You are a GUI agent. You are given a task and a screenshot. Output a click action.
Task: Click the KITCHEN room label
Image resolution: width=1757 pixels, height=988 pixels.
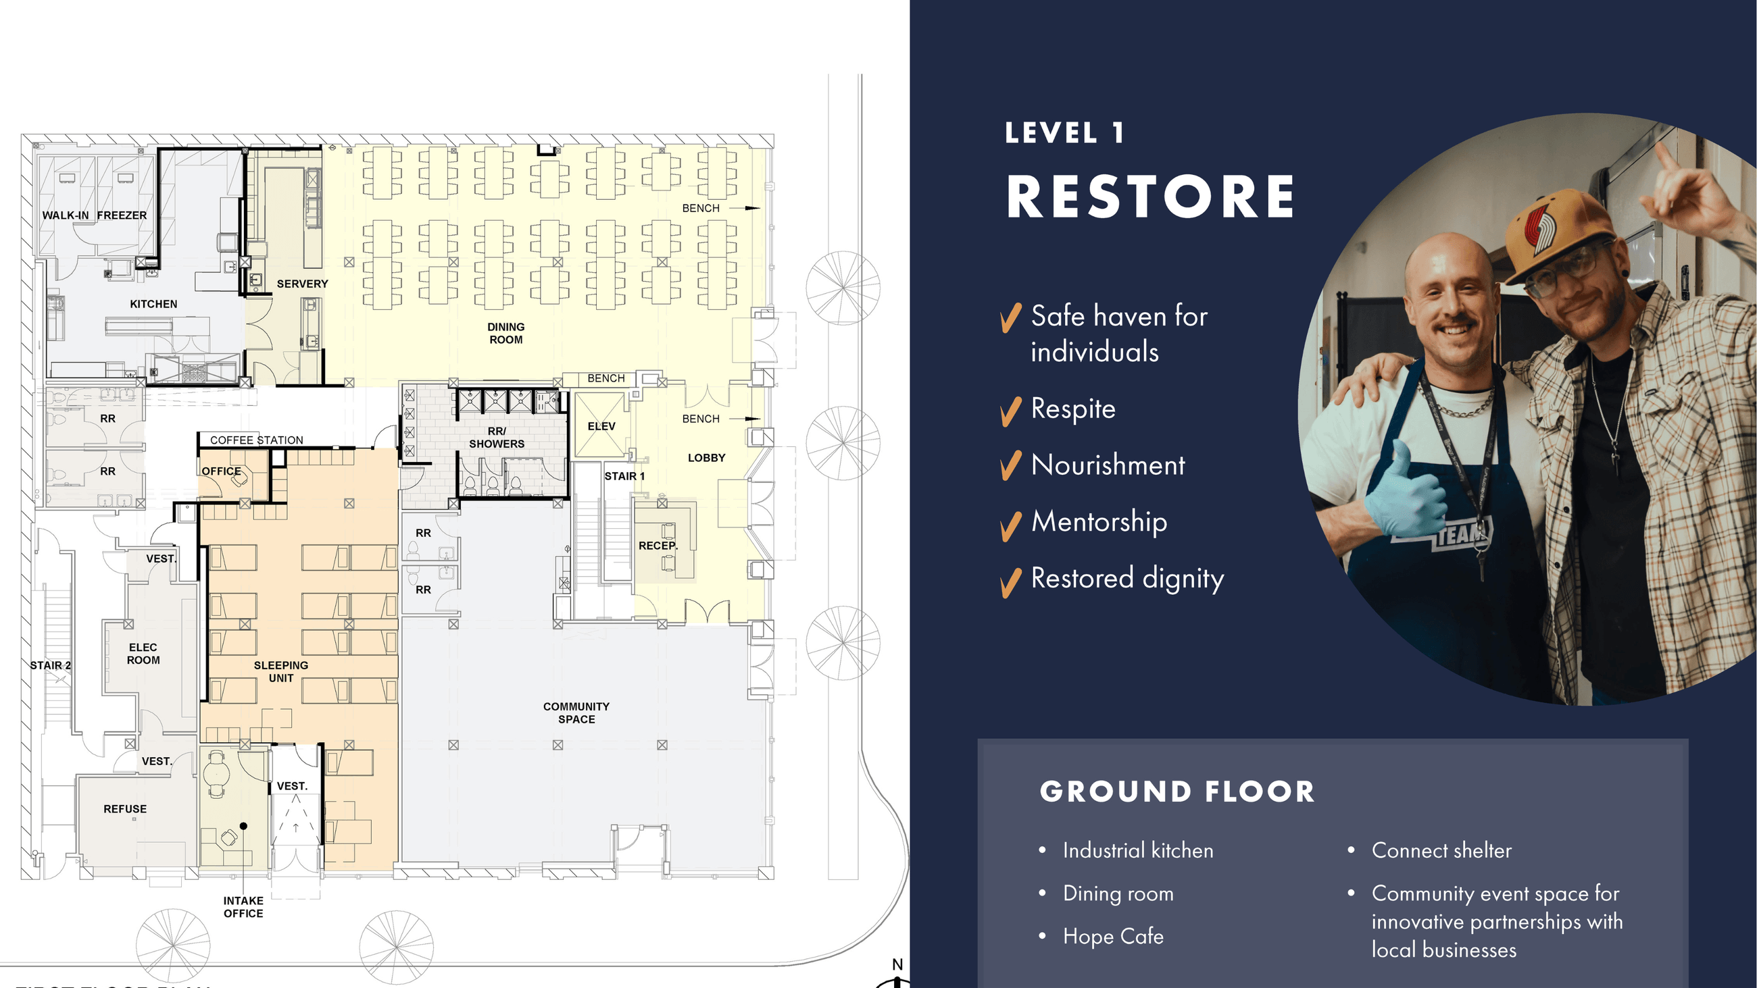pyautogui.click(x=153, y=304)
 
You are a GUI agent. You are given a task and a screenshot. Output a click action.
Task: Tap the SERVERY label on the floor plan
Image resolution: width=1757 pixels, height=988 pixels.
pyautogui.click(x=302, y=284)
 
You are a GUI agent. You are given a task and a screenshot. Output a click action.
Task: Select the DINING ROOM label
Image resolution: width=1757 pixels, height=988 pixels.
pyautogui.click(x=506, y=334)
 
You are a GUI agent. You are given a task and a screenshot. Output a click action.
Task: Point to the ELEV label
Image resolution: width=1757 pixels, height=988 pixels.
pyautogui.click(x=601, y=426)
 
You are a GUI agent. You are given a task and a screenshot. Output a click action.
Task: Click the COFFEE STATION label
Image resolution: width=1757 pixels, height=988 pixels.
pyautogui.click(x=257, y=440)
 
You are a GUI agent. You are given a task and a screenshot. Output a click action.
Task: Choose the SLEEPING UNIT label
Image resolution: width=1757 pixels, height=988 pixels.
pyautogui.click(x=281, y=672)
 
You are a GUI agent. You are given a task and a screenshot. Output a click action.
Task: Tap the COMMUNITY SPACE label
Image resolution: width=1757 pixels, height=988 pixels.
pyautogui.click(x=576, y=713)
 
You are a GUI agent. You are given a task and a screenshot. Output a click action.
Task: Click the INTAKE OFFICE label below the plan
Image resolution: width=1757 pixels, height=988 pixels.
pyautogui.click(x=243, y=907)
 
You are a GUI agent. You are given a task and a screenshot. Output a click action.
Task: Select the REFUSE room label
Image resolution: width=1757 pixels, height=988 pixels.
pyautogui.click(x=125, y=809)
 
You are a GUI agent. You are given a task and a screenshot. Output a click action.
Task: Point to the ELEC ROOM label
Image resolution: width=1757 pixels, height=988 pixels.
pyautogui.click(x=143, y=654)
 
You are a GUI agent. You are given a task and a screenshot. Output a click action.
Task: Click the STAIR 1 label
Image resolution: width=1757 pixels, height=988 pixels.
pyautogui.click(x=624, y=476)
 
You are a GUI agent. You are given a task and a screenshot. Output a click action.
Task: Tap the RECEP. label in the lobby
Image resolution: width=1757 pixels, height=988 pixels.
pyautogui.click(x=658, y=546)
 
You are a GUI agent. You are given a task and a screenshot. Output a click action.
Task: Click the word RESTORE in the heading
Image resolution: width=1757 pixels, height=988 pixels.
pyautogui.click(x=1151, y=197)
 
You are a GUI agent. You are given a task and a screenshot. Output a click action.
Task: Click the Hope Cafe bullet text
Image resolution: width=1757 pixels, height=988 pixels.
pyautogui.click(x=1113, y=936)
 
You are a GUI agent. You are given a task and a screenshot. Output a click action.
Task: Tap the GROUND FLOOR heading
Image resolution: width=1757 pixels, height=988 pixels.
pyautogui.click(x=1177, y=791)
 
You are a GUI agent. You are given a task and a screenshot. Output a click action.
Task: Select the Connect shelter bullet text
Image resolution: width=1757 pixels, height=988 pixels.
pyautogui.click(x=1441, y=850)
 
